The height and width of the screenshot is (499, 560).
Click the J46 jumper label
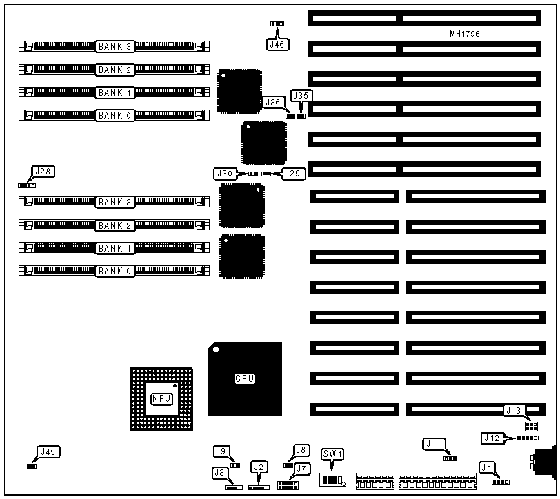pyautogui.click(x=277, y=43)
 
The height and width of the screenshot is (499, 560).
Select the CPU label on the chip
pyautogui.click(x=245, y=378)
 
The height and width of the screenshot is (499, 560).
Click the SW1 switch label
pyautogui.click(x=332, y=454)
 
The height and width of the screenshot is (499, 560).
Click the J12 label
pyautogui.click(x=491, y=437)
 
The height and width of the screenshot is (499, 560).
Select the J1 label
pyautogui.click(x=487, y=468)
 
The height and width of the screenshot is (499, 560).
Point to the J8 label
pyautogui.click(x=301, y=450)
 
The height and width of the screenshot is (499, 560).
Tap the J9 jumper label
pyautogui.click(x=221, y=451)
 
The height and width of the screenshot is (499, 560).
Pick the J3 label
pyautogui.click(x=220, y=473)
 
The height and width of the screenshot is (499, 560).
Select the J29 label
pyautogui.click(x=292, y=174)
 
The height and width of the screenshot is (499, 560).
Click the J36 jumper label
pyautogui.click(x=272, y=102)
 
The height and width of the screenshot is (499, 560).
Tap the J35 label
pyautogui.click(x=301, y=96)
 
